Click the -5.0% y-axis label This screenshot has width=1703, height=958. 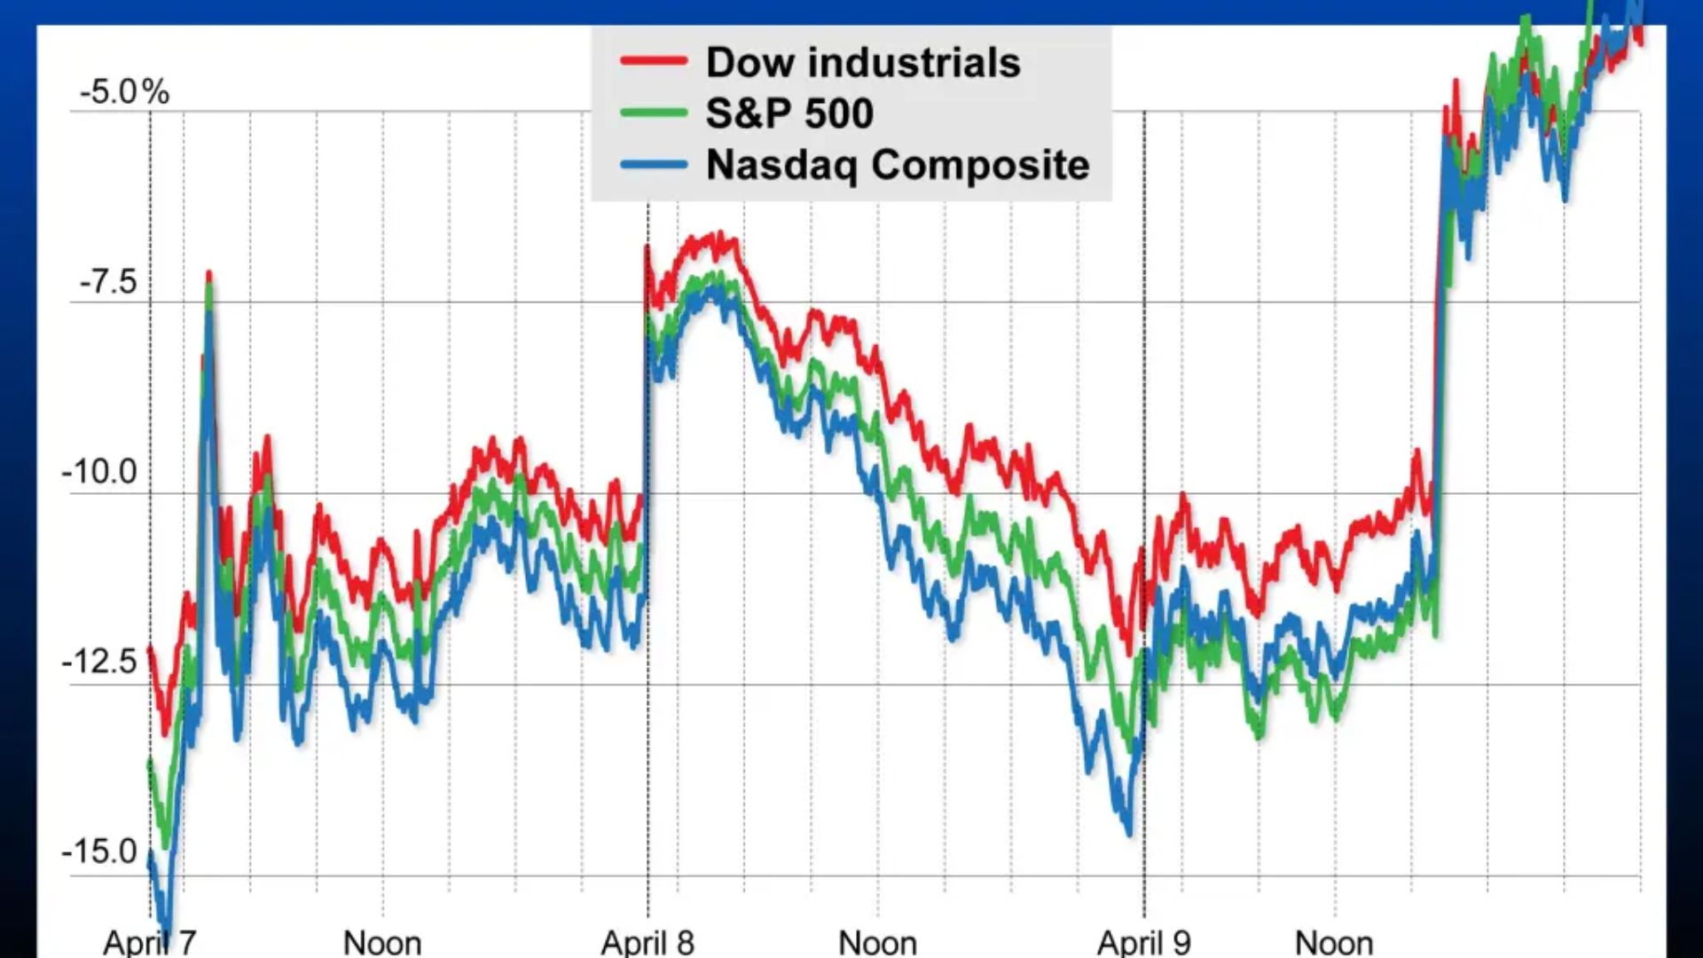(124, 91)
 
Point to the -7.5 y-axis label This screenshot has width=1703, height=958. (108, 282)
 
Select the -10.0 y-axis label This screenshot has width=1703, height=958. (99, 472)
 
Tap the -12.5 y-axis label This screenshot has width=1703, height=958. (99, 662)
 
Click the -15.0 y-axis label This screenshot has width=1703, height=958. (99, 852)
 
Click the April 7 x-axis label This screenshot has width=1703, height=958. (150, 942)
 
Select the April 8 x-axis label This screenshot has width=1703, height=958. (647, 942)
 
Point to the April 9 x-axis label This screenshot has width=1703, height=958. (1144, 942)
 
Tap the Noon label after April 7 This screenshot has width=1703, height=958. (382, 942)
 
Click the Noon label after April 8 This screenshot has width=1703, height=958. (878, 942)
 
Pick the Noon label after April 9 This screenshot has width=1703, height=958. (1335, 942)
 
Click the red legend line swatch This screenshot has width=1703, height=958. (654, 61)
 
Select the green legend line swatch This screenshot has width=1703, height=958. (654, 113)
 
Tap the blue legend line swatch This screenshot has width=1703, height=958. (654, 164)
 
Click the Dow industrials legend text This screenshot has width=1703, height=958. (863, 62)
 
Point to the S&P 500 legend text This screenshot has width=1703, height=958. (789, 114)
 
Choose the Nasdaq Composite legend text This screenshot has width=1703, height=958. (898, 165)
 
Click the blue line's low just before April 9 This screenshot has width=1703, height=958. (1129, 832)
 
